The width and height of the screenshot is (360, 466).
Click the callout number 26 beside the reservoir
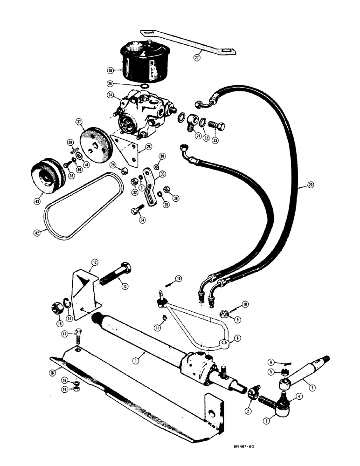click(x=111, y=71)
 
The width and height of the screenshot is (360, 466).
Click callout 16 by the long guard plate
click(x=52, y=372)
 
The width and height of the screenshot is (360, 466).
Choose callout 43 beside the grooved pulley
click(x=38, y=201)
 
